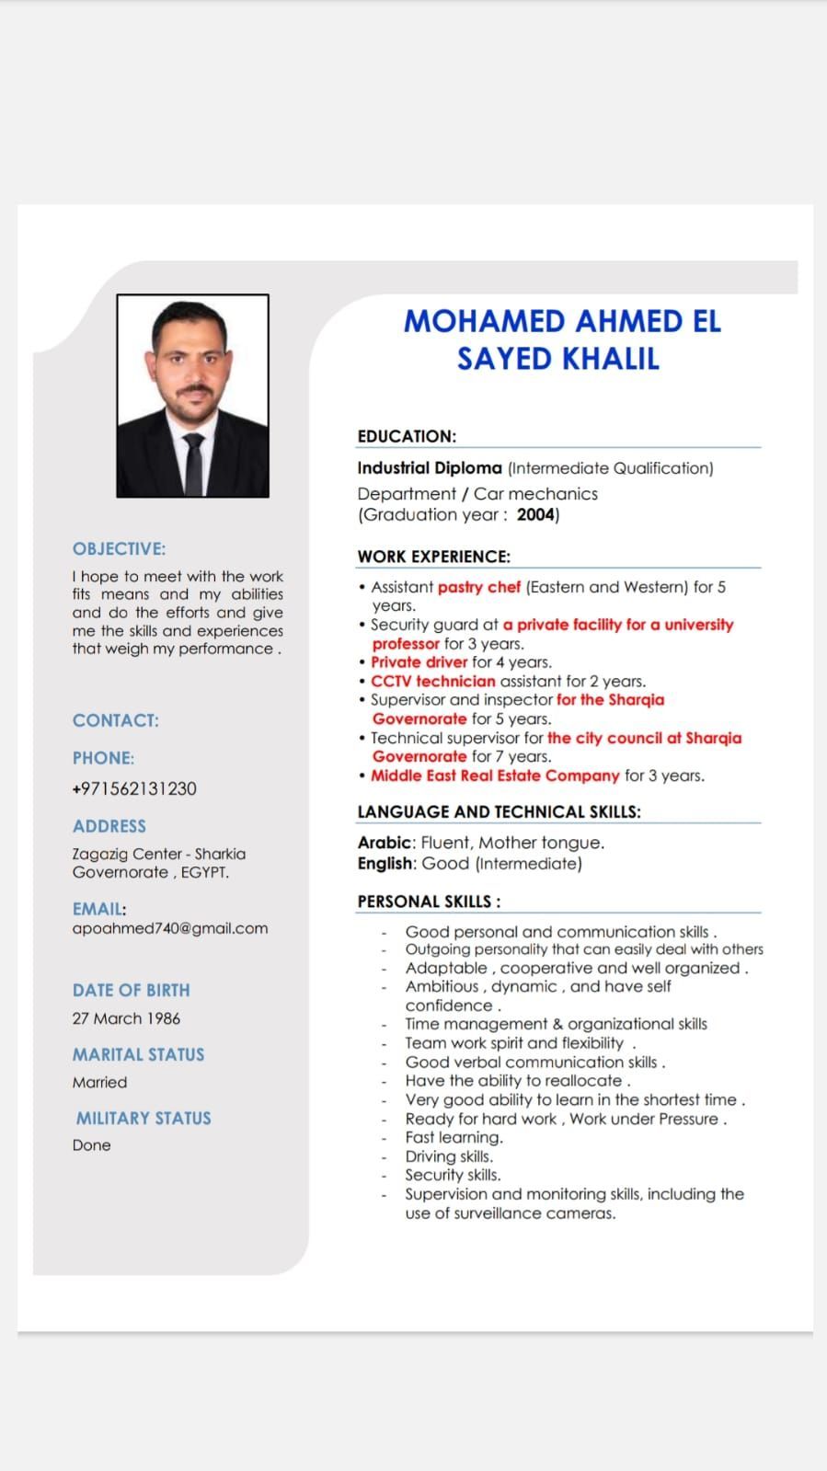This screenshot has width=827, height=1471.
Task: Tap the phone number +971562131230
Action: tap(134, 788)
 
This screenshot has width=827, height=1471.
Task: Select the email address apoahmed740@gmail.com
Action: tap(170, 928)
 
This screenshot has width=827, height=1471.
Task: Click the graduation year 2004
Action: tap(536, 515)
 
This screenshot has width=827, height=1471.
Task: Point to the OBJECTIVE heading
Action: tap(120, 549)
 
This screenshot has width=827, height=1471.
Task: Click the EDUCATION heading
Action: tap(407, 436)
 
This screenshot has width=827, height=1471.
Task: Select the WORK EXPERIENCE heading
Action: tap(433, 557)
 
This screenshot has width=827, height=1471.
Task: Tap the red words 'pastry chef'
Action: tap(479, 587)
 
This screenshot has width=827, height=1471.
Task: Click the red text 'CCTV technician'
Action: tap(433, 682)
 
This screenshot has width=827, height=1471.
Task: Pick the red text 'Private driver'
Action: tap(419, 662)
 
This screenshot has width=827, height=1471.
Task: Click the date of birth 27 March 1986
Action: tap(127, 1018)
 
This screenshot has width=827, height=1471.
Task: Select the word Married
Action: tap(100, 1083)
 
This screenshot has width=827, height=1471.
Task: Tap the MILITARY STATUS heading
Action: tap(144, 1119)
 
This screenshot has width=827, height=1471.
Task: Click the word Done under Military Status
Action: tap(92, 1145)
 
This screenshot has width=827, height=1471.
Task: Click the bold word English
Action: tap(386, 864)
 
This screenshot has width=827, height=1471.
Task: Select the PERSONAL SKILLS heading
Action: tap(429, 902)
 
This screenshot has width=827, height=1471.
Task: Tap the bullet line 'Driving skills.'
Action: tap(449, 1156)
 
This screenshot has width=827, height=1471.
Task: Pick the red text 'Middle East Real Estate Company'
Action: tap(495, 776)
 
